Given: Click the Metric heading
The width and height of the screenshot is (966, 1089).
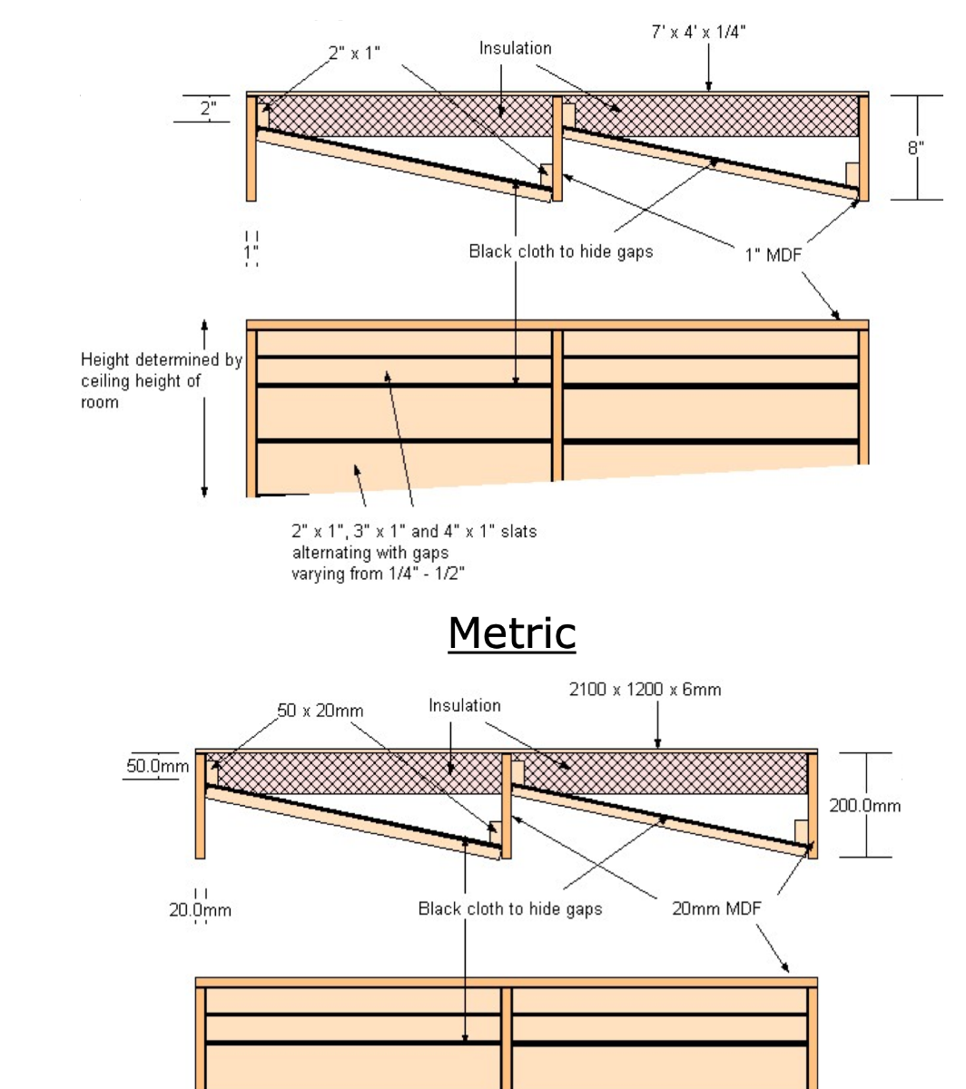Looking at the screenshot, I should pyautogui.click(x=512, y=633).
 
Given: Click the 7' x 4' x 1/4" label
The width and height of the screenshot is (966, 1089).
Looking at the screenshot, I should pyautogui.click(x=699, y=33).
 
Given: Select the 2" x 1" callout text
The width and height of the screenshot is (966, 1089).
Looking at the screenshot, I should pyautogui.click(x=354, y=54).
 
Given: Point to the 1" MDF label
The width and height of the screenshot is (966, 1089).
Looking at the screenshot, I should pyautogui.click(x=774, y=255).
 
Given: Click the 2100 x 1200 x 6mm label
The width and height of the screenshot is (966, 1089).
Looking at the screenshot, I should pyautogui.click(x=646, y=690).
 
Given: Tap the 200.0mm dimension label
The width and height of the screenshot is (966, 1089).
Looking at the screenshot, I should pyautogui.click(x=865, y=805).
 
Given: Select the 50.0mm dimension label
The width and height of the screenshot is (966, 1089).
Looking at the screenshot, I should pyautogui.click(x=157, y=767).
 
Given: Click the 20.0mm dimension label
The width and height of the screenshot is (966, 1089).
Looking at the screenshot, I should pyautogui.click(x=201, y=909).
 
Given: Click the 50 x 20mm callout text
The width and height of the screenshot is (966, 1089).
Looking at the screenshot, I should pyautogui.click(x=320, y=711).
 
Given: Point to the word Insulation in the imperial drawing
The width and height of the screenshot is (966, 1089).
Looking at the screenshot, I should pyautogui.click(x=515, y=48).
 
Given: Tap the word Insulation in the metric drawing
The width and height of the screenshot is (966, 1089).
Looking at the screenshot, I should pyautogui.click(x=464, y=705).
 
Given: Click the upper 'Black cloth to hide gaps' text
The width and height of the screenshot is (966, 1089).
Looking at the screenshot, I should pyautogui.click(x=560, y=251).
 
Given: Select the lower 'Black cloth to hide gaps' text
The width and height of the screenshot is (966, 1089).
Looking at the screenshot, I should pyautogui.click(x=509, y=908).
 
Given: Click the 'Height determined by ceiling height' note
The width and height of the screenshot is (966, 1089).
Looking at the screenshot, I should pyautogui.click(x=161, y=381).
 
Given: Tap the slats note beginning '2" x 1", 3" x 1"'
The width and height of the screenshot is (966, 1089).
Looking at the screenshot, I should pyautogui.click(x=413, y=552).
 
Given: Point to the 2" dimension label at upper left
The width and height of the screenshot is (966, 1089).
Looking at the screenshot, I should pyautogui.click(x=208, y=109).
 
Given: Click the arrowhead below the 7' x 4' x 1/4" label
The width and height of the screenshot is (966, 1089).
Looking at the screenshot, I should pyautogui.click(x=709, y=86).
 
